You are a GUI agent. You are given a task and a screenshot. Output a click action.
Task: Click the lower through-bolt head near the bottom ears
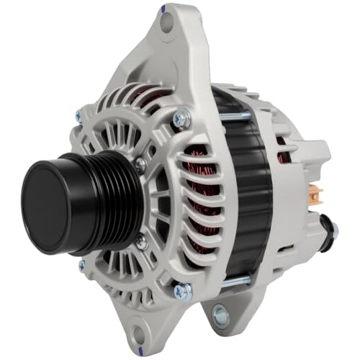coord(184,291)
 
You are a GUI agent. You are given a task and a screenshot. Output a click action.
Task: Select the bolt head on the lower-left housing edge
coord(81,266)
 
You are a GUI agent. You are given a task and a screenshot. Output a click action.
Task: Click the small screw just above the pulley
coord(140,164)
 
